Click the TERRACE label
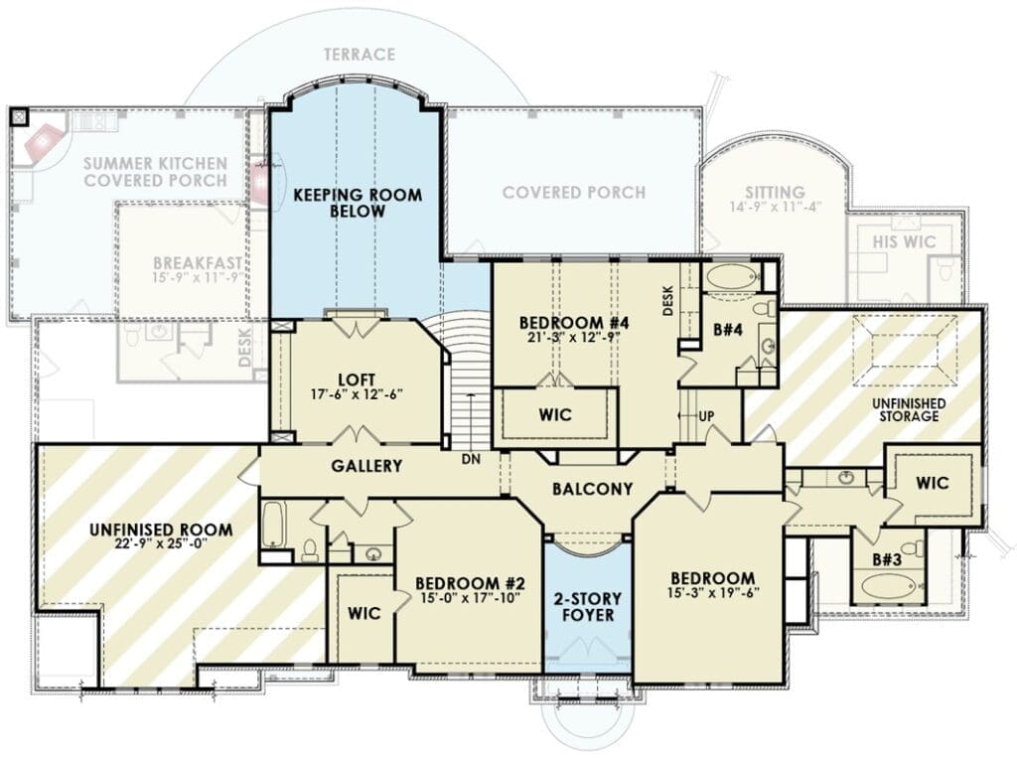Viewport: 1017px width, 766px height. coord(360,55)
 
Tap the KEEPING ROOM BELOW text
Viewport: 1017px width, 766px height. coord(358,203)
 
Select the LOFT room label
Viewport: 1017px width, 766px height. coord(357,380)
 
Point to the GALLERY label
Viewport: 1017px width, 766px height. coord(366,466)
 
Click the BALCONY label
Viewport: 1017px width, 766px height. coord(592,489)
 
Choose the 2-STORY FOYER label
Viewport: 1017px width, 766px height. coord(588,606)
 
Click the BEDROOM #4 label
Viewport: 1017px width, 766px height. coord(575,322)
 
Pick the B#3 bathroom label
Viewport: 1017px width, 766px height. coord(887,559)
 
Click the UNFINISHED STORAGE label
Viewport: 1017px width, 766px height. coord(909,410)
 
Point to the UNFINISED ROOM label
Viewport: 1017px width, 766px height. coord(161,530)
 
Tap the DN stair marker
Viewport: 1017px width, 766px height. coord(472,460)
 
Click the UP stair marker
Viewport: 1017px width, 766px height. coord(706,416)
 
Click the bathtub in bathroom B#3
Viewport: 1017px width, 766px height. coord(893,588)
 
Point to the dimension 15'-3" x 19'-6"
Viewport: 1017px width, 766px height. coord(713,592)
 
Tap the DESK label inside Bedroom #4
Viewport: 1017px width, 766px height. coord(668,301)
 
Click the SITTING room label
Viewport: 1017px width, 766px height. coord(775,193)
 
